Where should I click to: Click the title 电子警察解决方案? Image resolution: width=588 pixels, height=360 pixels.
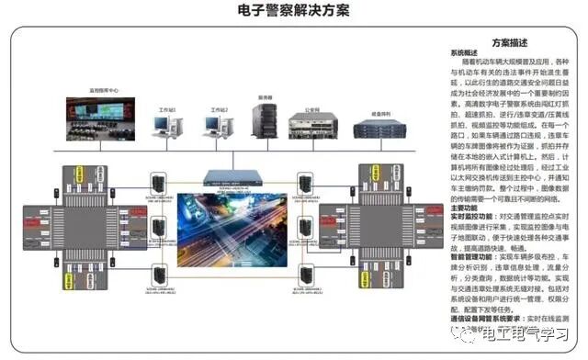pos(293,10)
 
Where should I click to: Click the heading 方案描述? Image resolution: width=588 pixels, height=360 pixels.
pos(509,42)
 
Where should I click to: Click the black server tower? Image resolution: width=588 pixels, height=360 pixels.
pos(265,120)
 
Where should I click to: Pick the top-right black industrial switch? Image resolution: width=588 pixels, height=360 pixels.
pos(306,181)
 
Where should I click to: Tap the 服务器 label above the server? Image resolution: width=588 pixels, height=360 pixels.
pos(265,96)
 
